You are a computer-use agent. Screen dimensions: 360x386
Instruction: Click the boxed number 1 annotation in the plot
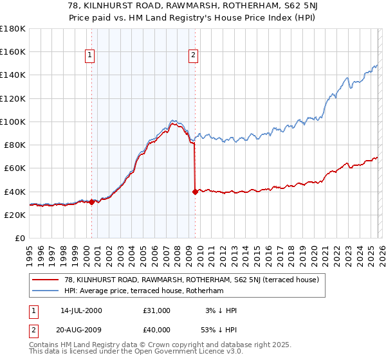pyautogui.click(x=89, y=56)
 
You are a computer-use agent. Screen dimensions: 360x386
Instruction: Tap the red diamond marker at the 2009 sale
pyautogui.click(x=195, y=192)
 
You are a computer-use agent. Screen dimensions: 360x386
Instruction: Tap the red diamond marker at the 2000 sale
pyautogui.click(x=91, y=202)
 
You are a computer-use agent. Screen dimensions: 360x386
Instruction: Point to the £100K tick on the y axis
pyautogui.click(x=13, y=122)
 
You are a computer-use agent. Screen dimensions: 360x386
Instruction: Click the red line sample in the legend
pyautogui.click(x=46, y=280)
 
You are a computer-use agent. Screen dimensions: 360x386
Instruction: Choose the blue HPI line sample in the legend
pyautogui.click(x=46, y=291)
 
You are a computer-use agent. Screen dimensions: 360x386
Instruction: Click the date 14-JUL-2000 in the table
pyautogui.click(x=81, y=310)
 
